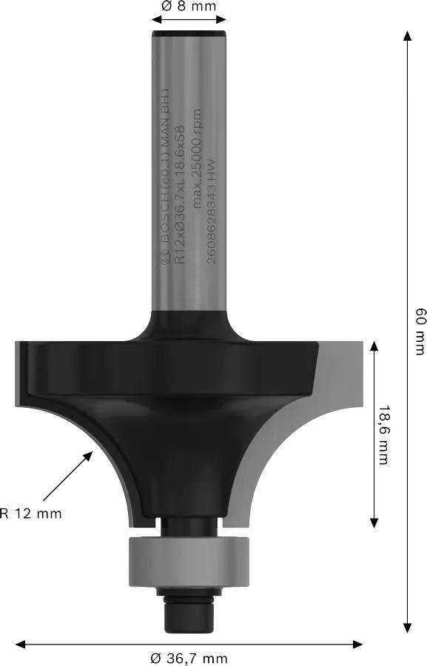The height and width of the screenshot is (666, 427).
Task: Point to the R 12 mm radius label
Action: click(x=31, y=513)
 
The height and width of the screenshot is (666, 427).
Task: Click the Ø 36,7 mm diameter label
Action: click(x=189, y=658)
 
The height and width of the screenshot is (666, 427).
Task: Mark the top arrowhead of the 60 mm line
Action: click(x=406, y=36)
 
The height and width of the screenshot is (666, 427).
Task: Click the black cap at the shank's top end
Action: click(x=189, y=34)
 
